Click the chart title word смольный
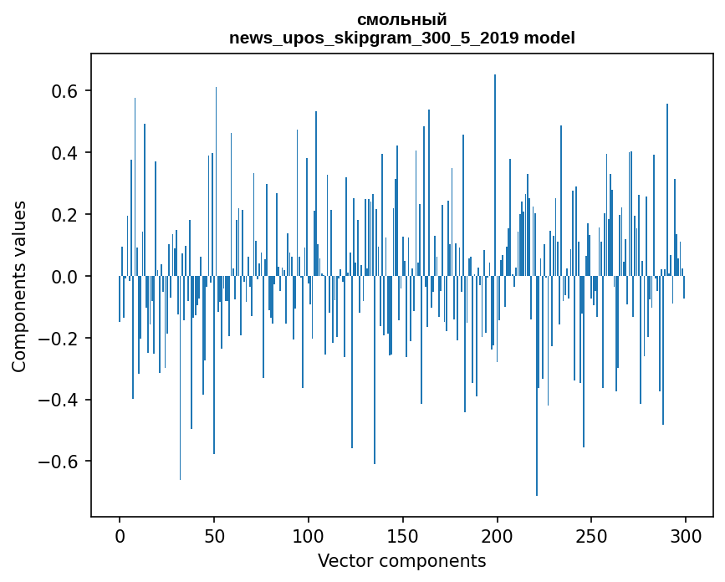point(401,20)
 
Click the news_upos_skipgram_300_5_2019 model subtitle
point(401,38)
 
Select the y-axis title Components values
point(18,286)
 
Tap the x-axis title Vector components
point(401,560)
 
